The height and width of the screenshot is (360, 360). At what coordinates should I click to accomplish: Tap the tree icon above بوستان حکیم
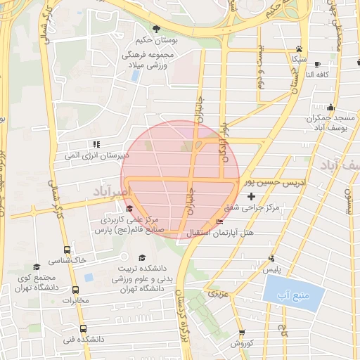(155, 28)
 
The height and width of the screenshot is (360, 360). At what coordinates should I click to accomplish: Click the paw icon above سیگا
(300, 49)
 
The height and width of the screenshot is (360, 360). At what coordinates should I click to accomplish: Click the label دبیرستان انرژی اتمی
(94, 154)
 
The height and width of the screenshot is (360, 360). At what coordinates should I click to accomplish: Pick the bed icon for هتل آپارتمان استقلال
(219, 222)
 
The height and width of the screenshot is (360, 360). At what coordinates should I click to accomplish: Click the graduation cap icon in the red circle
(128, 209)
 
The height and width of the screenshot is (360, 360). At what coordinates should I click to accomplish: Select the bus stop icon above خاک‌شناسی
(67, 250)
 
